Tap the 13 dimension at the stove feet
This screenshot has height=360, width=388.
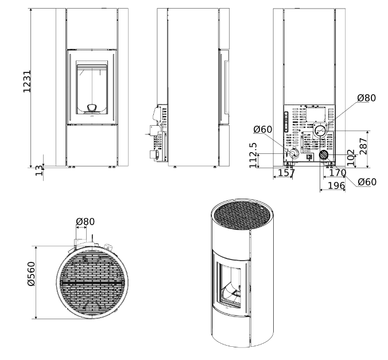tap(39, 171)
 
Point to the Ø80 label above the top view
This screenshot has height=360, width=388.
tap(85, 222)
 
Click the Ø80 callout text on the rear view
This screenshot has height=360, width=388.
tap(366, 98)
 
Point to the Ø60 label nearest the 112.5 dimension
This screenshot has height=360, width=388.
tap(262, 129)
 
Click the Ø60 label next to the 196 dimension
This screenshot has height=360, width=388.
tap(366, 182)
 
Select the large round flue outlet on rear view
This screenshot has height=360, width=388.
tap(322, 131)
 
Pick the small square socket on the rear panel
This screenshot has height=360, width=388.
tap(309, 155)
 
